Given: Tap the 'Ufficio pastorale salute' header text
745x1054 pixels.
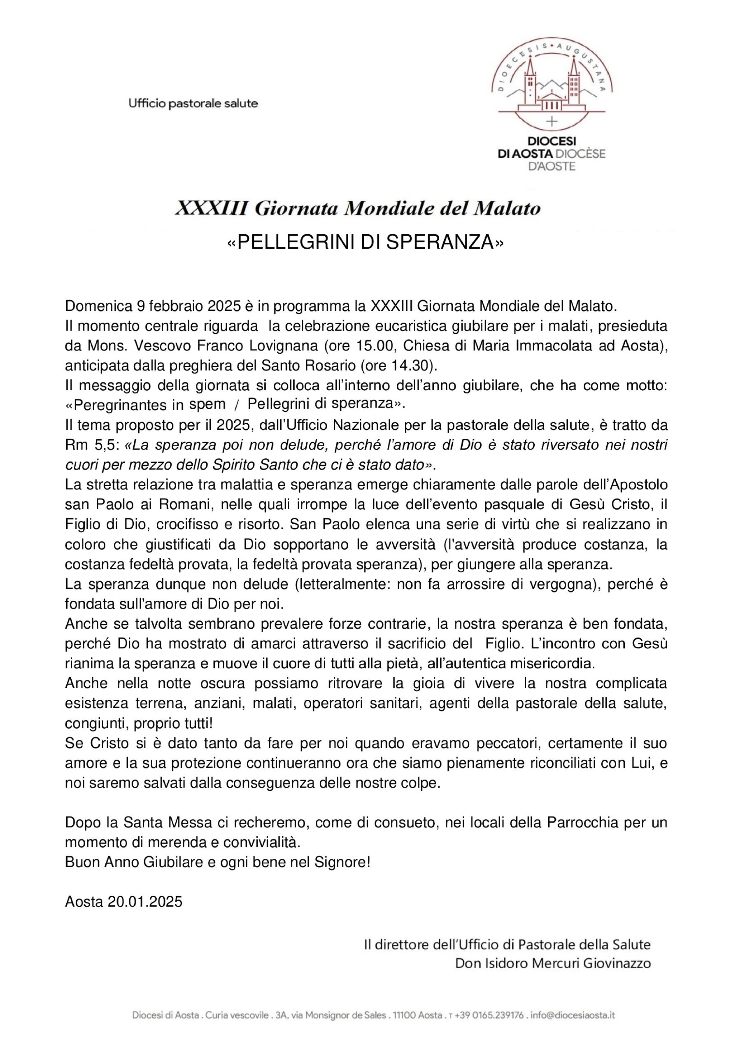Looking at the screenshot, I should [193, 104].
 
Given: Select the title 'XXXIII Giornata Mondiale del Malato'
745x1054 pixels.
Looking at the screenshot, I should [358, 209].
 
